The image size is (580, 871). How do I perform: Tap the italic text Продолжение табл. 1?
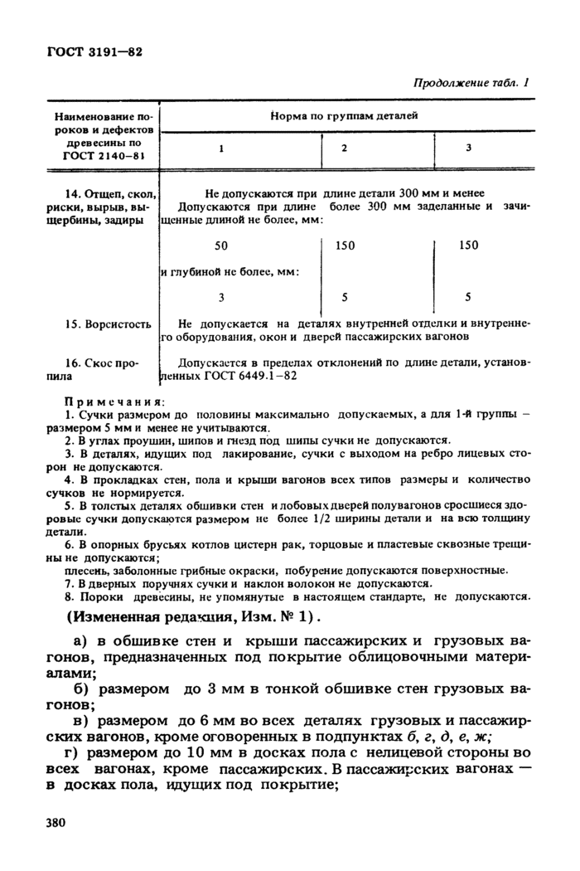click(x=470, y=84)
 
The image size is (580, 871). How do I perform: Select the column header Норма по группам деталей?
click(x=345, y=115)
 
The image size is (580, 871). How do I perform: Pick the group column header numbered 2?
click(x=344, y=148)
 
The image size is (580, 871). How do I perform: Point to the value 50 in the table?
click(x=220, y=246)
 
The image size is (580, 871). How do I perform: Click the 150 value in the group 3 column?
click(x=468, y=246)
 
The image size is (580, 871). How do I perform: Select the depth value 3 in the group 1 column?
click(x=221, y=296)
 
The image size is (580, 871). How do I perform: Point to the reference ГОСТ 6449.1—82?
click(x=247, y=376)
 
